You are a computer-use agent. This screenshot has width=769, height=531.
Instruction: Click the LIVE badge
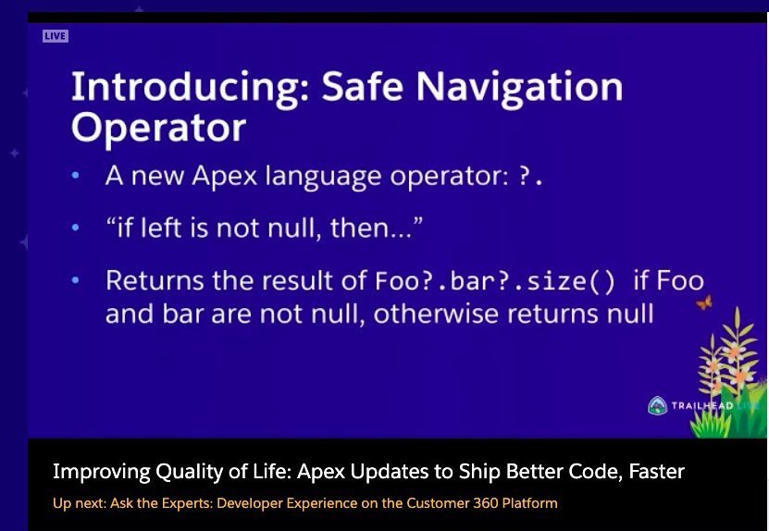point(56,36)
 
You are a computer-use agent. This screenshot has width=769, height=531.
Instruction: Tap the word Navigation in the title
point(519,88)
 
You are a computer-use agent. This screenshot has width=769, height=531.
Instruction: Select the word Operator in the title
point(158,128)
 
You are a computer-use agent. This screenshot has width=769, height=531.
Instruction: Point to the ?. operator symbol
point(530,176)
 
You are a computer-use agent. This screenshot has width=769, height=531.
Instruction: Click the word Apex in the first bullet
point(225,176)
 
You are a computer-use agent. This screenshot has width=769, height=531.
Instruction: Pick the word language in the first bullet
point(323,177)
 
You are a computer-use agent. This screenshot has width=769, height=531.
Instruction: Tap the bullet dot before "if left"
point(75,228)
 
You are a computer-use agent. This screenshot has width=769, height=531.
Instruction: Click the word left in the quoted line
point(161,228)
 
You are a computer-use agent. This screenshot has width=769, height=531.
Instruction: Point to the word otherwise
point(436,314)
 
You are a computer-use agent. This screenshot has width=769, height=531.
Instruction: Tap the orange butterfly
point(704,303)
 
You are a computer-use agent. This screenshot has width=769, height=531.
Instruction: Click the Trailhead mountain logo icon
point(657,406)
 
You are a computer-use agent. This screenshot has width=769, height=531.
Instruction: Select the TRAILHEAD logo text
point(702,406)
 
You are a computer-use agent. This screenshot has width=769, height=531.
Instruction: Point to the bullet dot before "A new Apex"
point(75,175)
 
